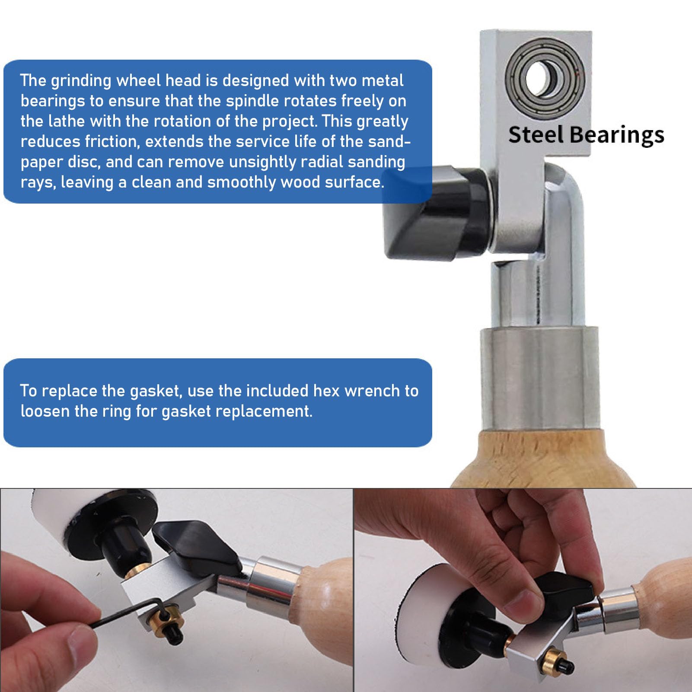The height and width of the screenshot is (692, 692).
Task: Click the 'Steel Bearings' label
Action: point(586,135)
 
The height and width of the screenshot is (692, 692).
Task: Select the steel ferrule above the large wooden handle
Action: point(540,378)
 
